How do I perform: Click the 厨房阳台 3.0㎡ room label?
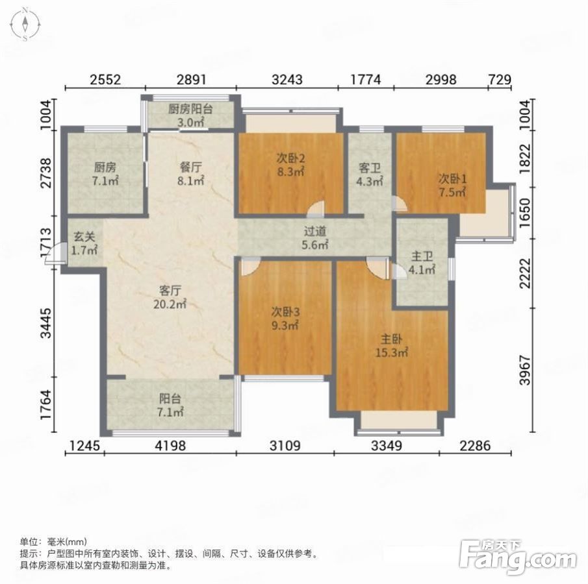pyautogui.click(x=190, y=116)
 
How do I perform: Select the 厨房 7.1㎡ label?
pyautogui.click(x=105, y=174)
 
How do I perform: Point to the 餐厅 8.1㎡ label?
pyautogui.click(x=191, y=174)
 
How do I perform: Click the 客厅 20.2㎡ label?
pyautogui.click(x=170, y=297)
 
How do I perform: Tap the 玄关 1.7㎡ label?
pyautogui.click(x=84, y=243)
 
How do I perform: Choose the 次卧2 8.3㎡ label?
pyautogui.click(x=290, y=165)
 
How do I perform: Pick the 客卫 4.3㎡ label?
pyautogui.click(x=370, y=174)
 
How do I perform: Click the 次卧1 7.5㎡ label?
pyautogui.click(x=452, y=186)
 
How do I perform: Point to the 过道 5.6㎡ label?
pyautogui.click(x=315, y=238)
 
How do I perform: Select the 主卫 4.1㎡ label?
pyautogui.click(x=422, y=263)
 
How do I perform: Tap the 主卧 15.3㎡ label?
pyautogui.click(x=392, y=346)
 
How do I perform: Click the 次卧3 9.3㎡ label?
pyautogui.click(x=285, y=319)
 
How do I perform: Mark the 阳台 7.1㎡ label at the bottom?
pyautogui.click(x=170, y=405)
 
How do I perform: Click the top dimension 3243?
pyautogui.click(x=287, y=80)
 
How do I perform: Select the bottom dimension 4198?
pyautogui.click(x=170, y=446)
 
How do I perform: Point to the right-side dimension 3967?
pyautogui.click(x=526, y=370)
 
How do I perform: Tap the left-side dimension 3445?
pyautogui.click(x=47, y=323)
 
